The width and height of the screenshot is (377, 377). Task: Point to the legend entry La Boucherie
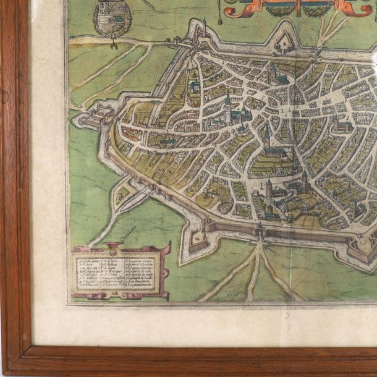tap(141, 282)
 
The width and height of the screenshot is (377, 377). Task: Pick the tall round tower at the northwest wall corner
tap(199, 28)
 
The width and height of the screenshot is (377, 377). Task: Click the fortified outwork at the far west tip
tap(88, 116)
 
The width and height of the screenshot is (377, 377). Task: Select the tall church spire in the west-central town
tap(228, 105)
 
